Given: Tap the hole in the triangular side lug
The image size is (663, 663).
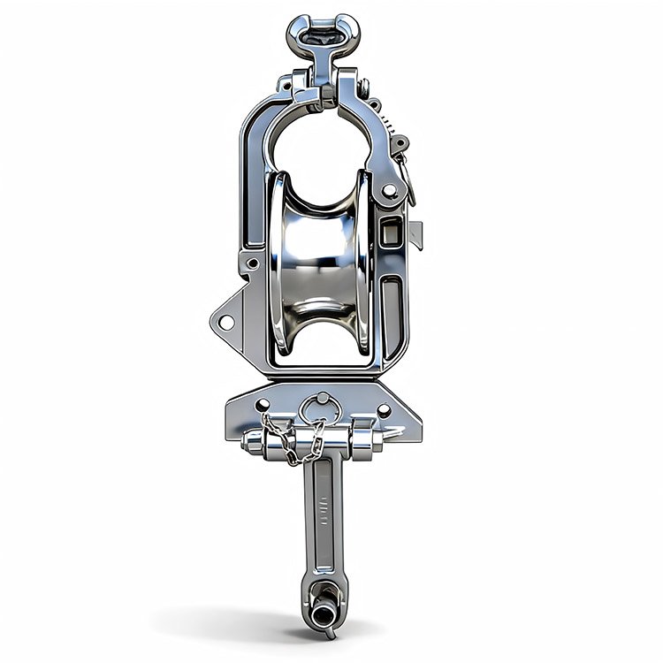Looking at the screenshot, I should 225,321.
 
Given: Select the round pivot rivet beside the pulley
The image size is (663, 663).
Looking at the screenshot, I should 390,191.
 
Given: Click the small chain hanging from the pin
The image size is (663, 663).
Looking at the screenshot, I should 295,442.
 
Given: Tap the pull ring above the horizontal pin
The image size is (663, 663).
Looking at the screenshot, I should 320,408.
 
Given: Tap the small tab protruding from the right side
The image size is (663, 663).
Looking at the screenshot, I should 416,234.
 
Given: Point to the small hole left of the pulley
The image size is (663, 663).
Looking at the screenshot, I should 253,263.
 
